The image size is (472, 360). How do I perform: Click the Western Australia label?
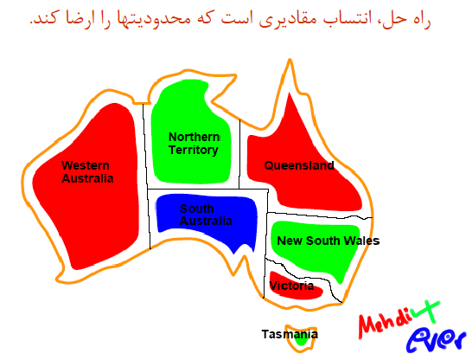tap(87, 172)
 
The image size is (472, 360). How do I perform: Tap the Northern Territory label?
tap(195, 144)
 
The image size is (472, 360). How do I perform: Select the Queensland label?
tap(299, 165)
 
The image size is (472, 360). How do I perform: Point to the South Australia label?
tap(206, 215)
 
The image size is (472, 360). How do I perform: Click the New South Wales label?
tap(328, 241)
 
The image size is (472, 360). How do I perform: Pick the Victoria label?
tap(291, 286)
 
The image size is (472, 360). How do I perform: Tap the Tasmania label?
tap(290, 334)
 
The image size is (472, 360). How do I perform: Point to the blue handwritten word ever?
tap(436, 338)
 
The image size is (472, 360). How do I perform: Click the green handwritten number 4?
tap(426, 312)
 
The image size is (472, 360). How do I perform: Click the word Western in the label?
tap(86, 165)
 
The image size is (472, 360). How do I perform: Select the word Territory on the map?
tap(194, 150)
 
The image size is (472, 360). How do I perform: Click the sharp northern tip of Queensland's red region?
tap(290, 93)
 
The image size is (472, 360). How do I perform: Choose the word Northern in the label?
tap(195, 137)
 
